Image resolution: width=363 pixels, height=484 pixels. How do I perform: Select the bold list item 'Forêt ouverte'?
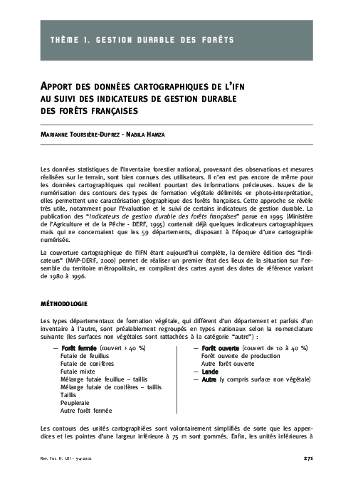point(221,348)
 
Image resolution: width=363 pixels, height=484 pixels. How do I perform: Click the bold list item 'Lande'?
point(210,372)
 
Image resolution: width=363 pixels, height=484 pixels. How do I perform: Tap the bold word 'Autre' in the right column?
point(209,379)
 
